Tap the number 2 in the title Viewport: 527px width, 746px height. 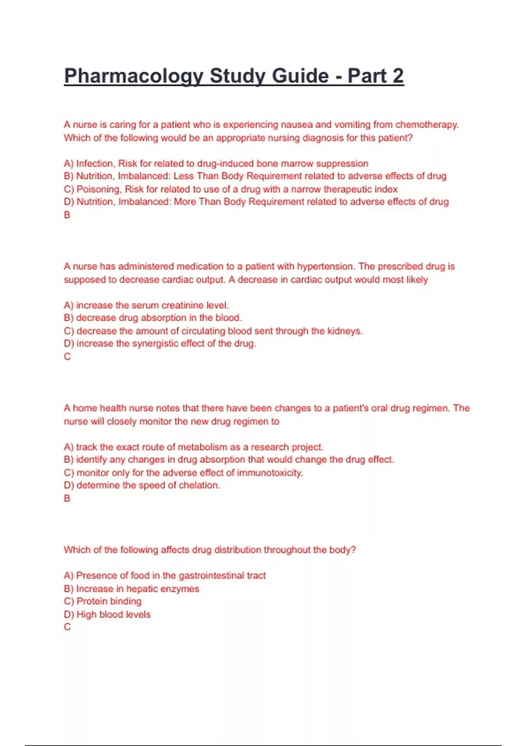(x=398, y=76)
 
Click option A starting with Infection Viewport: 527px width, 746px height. (x=216, y=164)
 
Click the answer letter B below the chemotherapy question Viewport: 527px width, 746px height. (x=67, y=215)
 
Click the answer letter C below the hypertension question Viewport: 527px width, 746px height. (x=67, y=357)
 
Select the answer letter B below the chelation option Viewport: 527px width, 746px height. (x=67, y=499)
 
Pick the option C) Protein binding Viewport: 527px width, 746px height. (x=103, y=601)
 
